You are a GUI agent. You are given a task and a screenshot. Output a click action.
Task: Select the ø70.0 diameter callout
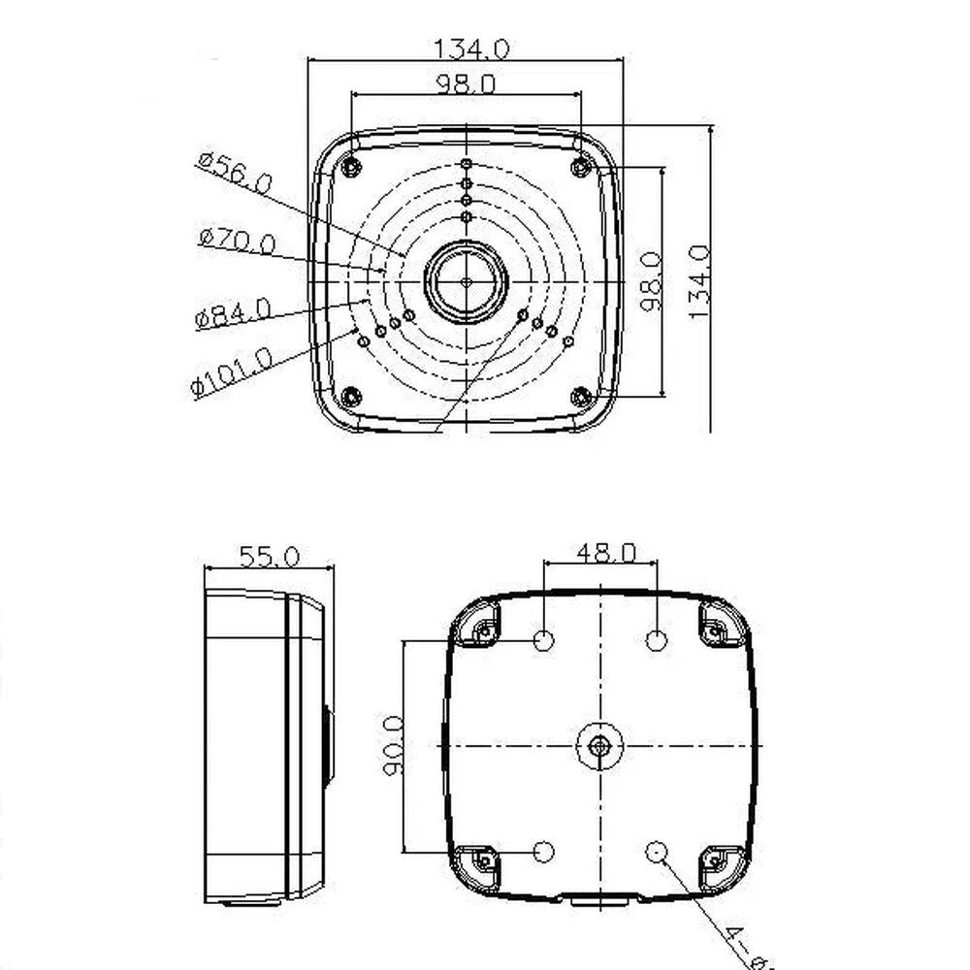click(x=236, y=240)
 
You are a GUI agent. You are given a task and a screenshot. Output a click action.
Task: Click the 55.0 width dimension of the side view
click(x=269, y=556)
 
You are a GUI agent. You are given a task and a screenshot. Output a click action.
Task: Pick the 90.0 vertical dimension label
click(x=394, y=746)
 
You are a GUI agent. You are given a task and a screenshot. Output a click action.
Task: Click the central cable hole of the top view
click(x=466, y=282)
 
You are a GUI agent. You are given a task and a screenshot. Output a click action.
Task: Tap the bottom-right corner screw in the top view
click(x=581, y=396)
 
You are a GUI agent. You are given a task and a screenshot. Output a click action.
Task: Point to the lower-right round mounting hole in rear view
click(x=657, y=851)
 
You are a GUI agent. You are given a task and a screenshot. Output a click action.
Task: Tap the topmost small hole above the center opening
click(x=467, y=165)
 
